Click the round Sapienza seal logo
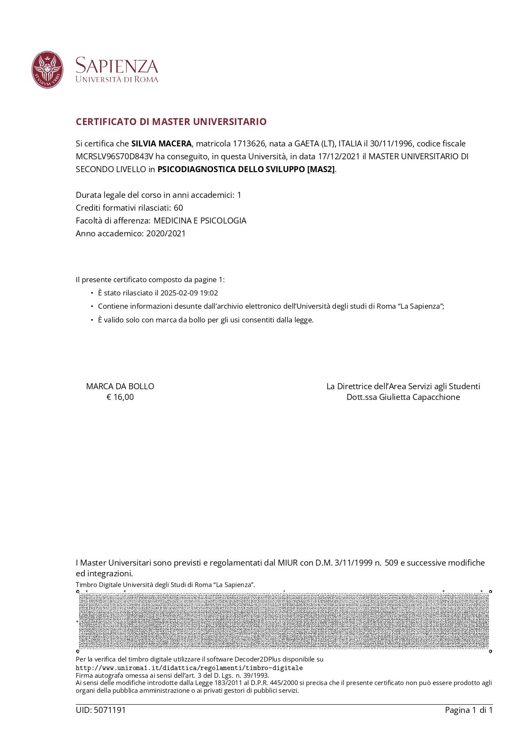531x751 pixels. (x=47, y=70)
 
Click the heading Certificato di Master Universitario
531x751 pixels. (x=171, y=122)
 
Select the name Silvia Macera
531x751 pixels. (x=161, y=143)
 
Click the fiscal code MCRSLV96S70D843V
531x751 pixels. (x=114, y=156)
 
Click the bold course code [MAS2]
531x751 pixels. (x=321, y=169)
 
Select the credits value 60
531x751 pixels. (x=178, y=208)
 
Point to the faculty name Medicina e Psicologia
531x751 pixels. (x=200, y=221)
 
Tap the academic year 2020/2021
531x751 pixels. (x=166, y=233)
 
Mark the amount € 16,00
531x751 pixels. (x=120, y=397)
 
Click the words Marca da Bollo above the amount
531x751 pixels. (x=120, y=386)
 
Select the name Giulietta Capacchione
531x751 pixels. (x=419, y=397)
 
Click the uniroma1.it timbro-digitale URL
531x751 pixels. (x=189, y=668)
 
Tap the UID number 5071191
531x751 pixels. (x=110, y=710)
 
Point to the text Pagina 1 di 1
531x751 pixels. (x=469, y=710)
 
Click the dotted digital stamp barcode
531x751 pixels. (x=284, y=621)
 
